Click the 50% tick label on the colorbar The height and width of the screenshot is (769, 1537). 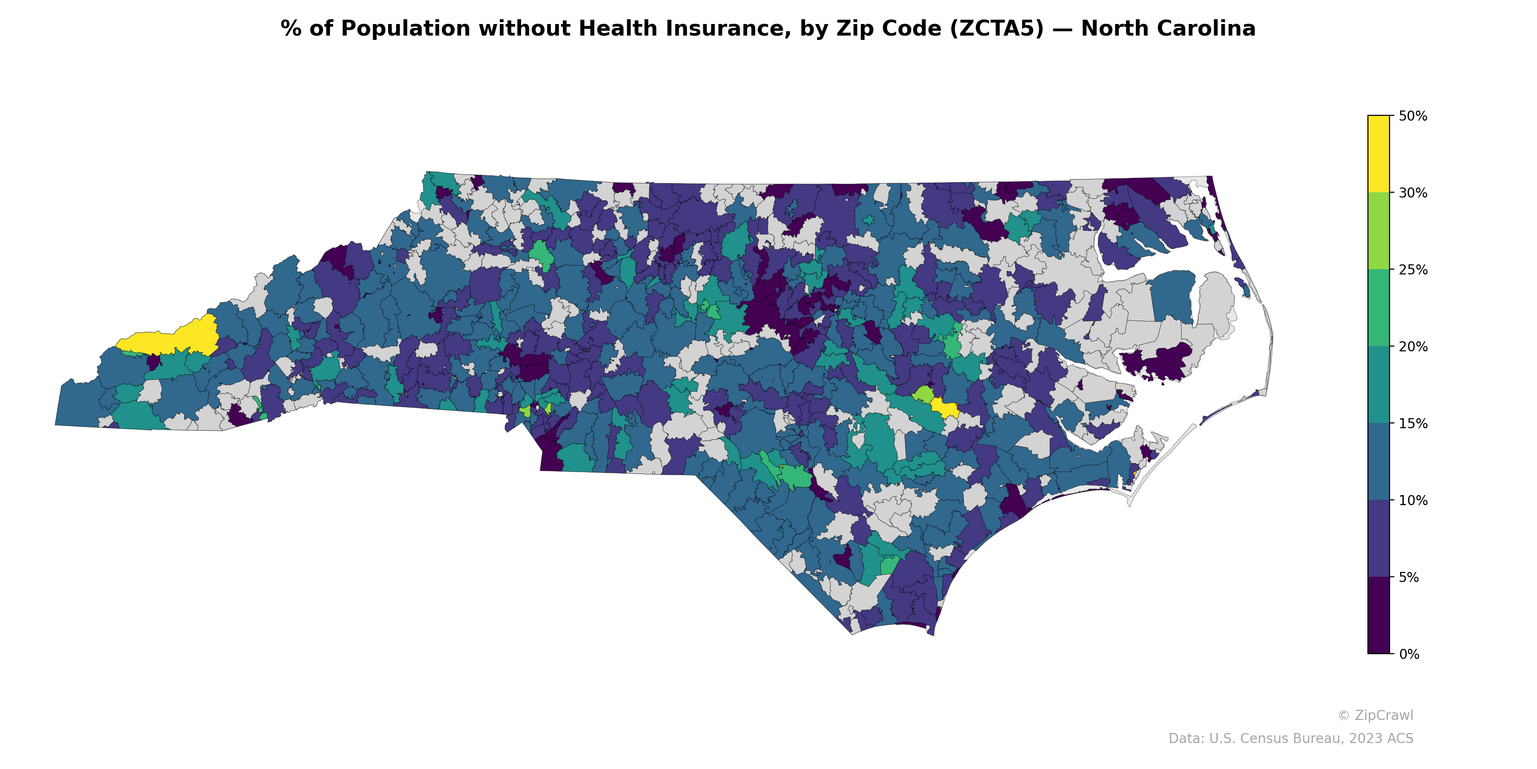point(1412,116)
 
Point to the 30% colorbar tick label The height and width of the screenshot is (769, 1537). point(1412,193)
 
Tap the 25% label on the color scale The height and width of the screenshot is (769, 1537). point(1412,270)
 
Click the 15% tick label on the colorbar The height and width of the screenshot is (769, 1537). point(1412,424)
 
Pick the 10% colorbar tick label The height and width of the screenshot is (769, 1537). point(1412,500)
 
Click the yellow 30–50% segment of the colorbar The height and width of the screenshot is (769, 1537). point(1378,154)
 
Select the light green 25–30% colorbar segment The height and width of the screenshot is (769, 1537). point(1378,231)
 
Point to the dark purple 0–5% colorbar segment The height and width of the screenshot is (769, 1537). point(1378,616)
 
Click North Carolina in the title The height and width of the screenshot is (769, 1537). point(1168,29)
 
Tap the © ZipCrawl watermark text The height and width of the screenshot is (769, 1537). point(1375,715)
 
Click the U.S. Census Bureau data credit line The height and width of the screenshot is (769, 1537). point(1290,739)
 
